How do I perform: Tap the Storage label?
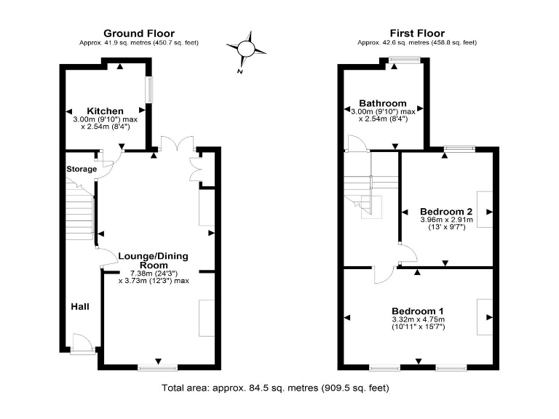coord(82,169)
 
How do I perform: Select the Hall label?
coord(80,307)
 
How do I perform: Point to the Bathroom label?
coord(383,103)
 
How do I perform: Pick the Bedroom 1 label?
coord(417,311)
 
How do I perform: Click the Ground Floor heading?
coord(138,33)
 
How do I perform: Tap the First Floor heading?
coord(417,33)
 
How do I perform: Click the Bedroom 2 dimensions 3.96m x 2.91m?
coord(446,220)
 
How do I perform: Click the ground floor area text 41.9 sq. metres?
coord(138,43)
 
